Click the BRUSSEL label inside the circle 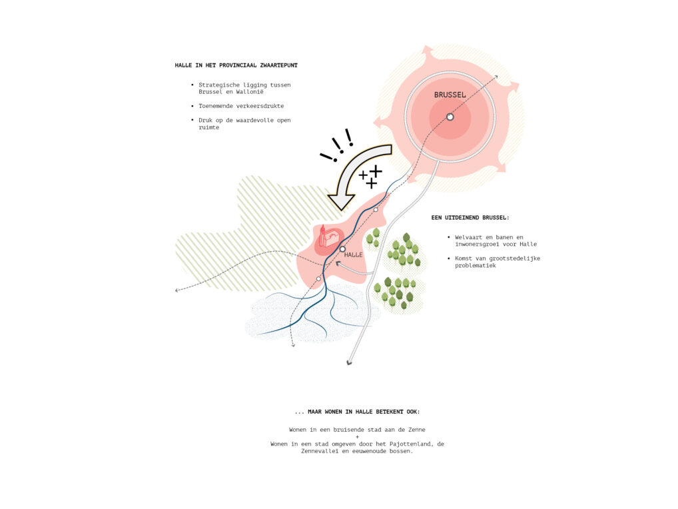tap(450, 95)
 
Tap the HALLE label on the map tap(353, 254)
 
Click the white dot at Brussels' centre tap(450, 117)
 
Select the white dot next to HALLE tap(342, 249)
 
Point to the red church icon tap(328, 237)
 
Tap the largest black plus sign tap(376, 171)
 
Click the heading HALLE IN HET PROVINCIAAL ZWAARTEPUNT tap(236, 65)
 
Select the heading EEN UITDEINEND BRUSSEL tap(470, 218)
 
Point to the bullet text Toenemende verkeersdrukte tap(241, 106)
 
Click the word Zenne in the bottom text tap(417, 430)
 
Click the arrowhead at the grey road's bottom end tap(349, 362)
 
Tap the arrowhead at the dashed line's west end tap(176, 290)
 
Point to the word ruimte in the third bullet tap(209, 127)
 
